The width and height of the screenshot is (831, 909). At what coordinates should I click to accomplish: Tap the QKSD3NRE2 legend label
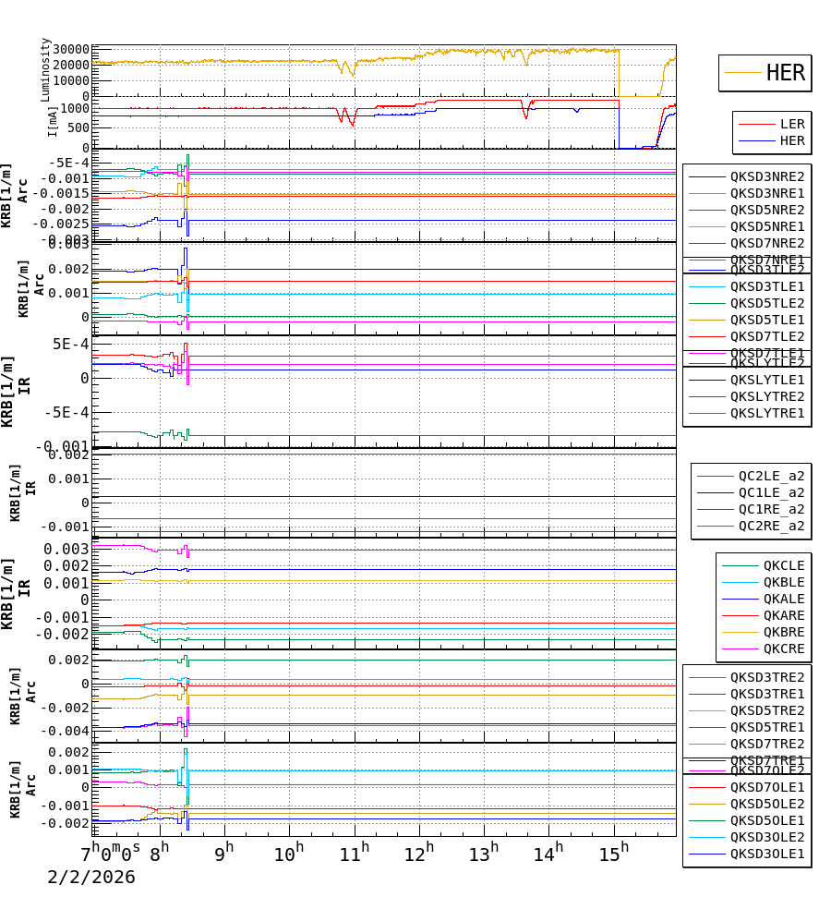(766, 176)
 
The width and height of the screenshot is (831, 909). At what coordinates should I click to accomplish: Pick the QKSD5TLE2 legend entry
(766, 303)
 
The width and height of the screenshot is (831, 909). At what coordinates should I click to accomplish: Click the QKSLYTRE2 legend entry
(766, 396)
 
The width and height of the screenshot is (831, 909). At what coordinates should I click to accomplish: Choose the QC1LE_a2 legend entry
(770, 492)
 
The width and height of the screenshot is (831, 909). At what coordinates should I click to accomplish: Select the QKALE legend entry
(783, 599)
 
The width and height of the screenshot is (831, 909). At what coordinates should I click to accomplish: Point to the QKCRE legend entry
(783, 648)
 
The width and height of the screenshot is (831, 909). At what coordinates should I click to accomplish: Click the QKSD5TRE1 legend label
(766, 727)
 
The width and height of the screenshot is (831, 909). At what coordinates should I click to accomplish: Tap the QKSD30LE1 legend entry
(766, 854)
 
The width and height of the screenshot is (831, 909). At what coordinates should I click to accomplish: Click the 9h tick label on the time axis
(224, 852)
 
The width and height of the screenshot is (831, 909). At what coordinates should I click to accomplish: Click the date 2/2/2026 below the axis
(91, 877)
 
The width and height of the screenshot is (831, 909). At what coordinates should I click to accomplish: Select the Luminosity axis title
(45, 69)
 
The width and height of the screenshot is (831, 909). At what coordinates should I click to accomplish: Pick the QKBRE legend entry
(783, 632)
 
